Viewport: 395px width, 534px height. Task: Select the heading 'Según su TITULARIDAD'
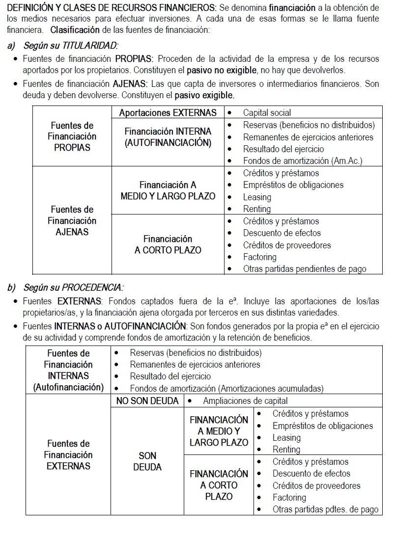tap(71, 46)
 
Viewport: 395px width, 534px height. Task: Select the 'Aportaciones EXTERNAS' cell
tap(168, 113)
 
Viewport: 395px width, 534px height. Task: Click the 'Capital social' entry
tap(267, 113)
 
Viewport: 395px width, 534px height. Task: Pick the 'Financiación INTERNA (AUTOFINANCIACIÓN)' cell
tap(168, 137)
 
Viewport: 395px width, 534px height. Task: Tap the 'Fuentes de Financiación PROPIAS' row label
tap(72, 136)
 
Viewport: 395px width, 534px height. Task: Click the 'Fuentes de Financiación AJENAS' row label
tap(72, 221)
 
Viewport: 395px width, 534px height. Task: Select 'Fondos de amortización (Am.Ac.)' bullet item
tap(303, 161)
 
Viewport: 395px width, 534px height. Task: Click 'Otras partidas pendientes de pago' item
tap(305, 268)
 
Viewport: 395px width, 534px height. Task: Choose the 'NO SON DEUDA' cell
tap(147, 401)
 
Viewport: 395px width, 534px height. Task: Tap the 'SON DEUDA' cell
tap(147, 461)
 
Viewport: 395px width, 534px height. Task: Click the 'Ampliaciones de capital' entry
tap(245, 401)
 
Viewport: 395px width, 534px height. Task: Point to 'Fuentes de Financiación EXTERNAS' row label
tap(68, 455)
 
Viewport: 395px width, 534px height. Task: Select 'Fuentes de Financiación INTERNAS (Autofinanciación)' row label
tap(68, 370)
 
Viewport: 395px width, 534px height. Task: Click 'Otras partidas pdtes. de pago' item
tap(325, 509)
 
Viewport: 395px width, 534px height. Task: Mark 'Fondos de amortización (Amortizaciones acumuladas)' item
tap(226, 388)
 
